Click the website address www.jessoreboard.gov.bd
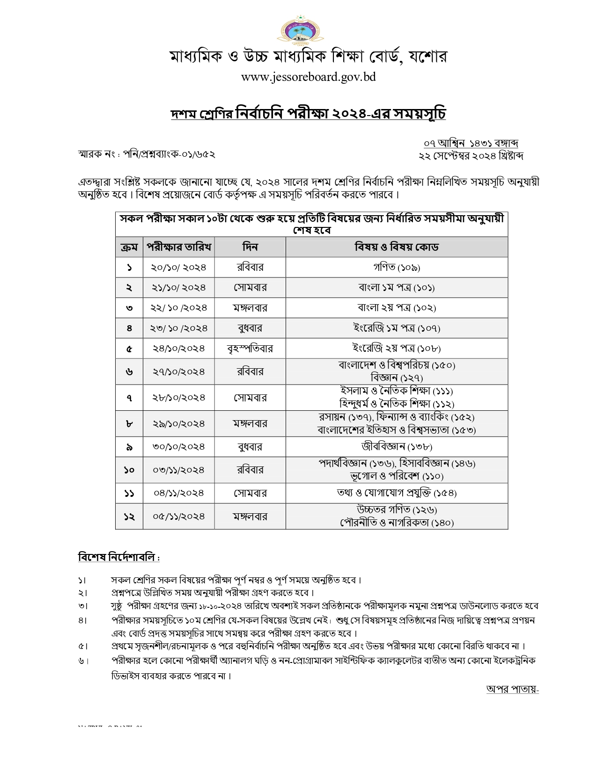point(308,77)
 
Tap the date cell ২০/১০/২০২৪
point(178,268)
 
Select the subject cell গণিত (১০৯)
point(397,268)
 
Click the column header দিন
point(250,247)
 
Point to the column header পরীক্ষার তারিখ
point(178,247)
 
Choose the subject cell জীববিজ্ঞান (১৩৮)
point(397,447)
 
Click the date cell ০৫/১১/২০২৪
point(178,517)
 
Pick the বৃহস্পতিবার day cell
point(250,349)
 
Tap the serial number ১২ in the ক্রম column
point(129,517)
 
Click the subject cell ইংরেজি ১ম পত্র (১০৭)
point(397,328)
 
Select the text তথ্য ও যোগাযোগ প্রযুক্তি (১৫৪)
point(397,493)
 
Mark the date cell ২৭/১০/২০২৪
point(178,372)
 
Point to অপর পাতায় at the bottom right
point(512,689)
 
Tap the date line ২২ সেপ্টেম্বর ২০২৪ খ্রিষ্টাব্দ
point(471,156)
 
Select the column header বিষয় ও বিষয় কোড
point(397,247)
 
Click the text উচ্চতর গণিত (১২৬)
point(397,510)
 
